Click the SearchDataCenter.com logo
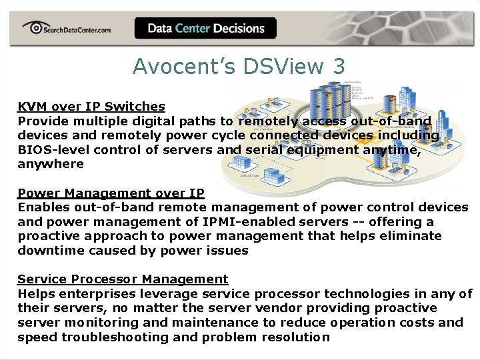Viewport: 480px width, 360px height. (67, 29)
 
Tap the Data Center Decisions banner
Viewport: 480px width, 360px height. (205, 29)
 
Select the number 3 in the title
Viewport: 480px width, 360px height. (339, 67)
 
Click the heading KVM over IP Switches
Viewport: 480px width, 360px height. (91, 107)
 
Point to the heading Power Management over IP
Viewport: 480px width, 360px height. (111, 193)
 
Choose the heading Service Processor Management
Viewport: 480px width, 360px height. (123, 279)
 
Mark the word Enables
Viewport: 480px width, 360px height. (41, 208)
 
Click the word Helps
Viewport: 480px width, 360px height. (35, 294)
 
